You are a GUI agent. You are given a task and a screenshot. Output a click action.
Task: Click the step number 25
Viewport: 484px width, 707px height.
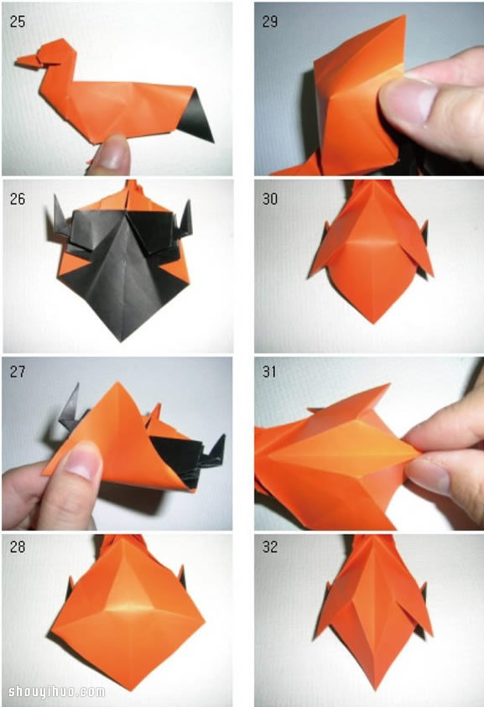[18, 22]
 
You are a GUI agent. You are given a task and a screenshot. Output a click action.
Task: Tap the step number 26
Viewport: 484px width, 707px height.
[18, 199]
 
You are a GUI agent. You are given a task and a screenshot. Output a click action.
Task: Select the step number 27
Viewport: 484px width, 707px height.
[18, 372]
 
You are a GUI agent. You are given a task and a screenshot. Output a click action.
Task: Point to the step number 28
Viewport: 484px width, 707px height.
[18, 547]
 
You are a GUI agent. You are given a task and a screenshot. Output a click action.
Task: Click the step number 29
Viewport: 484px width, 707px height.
[270, 22]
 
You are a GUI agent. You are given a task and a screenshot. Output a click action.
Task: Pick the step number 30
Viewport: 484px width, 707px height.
[270, 199]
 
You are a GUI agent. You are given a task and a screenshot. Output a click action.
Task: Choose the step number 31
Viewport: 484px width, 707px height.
[270, 372]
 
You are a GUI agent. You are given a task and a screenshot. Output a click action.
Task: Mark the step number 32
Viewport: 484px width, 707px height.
[270, 547]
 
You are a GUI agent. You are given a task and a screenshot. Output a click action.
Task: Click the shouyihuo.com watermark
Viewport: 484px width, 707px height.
[57, 692]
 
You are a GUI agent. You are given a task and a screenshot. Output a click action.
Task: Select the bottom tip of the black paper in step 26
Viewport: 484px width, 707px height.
[121, 341]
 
